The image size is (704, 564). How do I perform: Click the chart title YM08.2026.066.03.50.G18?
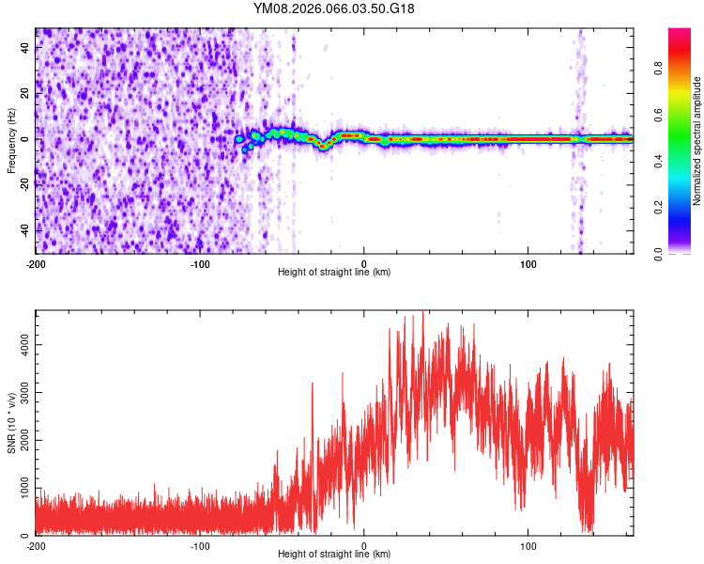click(334, 8)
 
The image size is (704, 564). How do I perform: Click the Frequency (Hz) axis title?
click(10, 141)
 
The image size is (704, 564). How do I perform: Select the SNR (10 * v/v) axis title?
click(10, 423)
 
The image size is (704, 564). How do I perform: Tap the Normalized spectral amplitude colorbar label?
click(696, 141)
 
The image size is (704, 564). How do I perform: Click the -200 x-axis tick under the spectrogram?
click(36, 264)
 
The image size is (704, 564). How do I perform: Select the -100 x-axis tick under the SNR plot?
click(199, 546)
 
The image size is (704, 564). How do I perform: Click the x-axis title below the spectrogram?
click(334, 273)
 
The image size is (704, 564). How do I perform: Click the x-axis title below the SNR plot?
click(334, 555)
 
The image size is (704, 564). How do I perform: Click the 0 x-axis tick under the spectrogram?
click(364, 264)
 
